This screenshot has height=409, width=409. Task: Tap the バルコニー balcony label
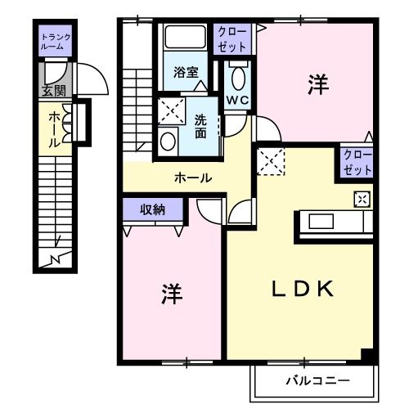(x=317, y=380)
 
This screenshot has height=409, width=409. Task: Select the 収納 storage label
(x=153, y=209)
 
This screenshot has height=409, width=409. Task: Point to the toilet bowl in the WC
(x=238, y=79)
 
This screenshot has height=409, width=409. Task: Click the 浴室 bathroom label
(x=186, y=72)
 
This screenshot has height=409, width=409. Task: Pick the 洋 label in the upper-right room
(x=317, y=83)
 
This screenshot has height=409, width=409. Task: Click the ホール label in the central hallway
(x=193, y=178)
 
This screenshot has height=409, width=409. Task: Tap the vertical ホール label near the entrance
(x=54, y=129)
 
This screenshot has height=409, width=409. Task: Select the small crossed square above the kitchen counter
(x=361, y=198)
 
